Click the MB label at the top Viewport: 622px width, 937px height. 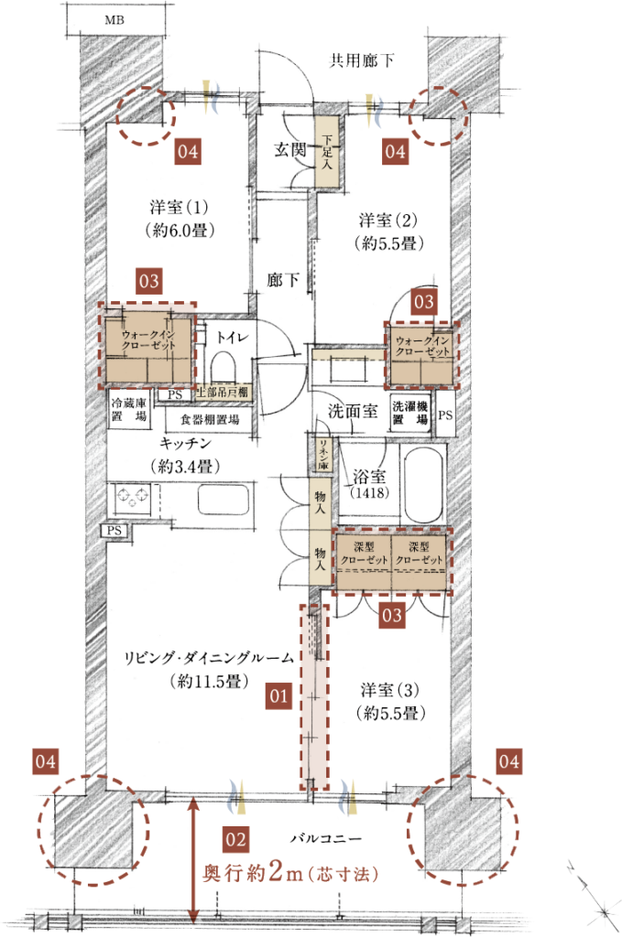pyautogui.click(x=115, y=20)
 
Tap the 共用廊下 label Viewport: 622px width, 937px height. pyautogui.click(x=362, y=60)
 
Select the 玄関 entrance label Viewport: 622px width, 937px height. pyautogui.click(x=290, y=149)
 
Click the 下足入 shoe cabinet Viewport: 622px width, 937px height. pyautogui.click(x=327, y=152)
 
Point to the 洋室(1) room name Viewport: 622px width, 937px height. pyautogui.click(x=180, y=208)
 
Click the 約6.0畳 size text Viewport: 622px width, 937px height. pyautogui.click(x=180, y=230)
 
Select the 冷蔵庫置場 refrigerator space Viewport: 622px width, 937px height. pyautogui.click(x=129, y=410)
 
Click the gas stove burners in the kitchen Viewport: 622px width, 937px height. pyautogui.click(x=133, y=497)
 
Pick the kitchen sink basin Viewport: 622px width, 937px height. pyautogui.click(x=223, y=498)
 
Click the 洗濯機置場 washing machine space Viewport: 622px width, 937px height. pyautogui.click(x=411, y=413)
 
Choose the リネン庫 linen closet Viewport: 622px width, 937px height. pyautogui.click(x=323, y=455)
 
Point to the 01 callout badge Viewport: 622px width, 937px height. pyautogui.click(x=278, y=696)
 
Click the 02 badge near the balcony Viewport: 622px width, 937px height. pyautogui.click(x=235, y=840)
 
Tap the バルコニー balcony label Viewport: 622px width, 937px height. pyautogui.click(x=326, y=838)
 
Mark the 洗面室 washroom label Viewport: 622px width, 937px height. pyautogui.click(x=353, y=411)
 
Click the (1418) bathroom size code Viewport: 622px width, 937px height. pyautogui.click(x=369, y=493)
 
